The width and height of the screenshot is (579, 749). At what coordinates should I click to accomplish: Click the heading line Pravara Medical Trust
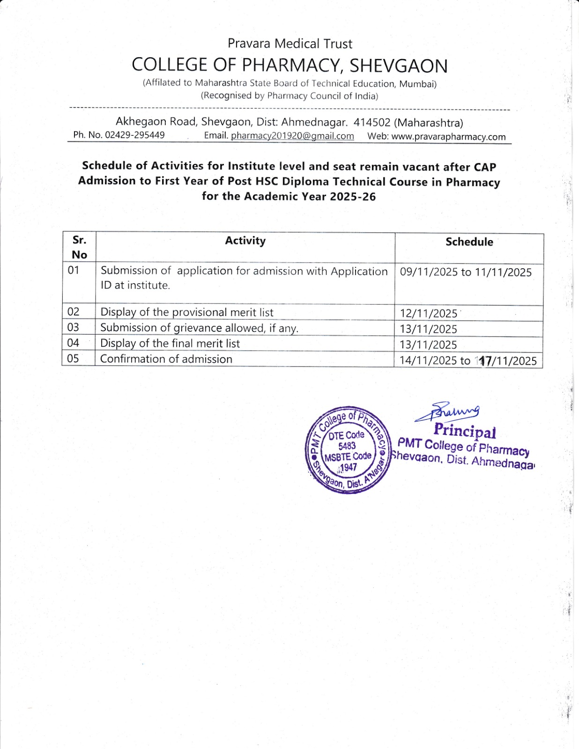(x=289, y=44)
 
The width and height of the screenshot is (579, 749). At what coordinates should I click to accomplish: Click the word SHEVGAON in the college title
(x=399, y=66)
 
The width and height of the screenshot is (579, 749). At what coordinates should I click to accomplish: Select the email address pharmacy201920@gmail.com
(x=292, y=136)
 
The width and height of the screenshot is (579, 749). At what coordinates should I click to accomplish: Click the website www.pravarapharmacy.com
(x=448, y=137)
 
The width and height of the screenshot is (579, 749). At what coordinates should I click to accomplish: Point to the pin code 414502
(x=372, y=122)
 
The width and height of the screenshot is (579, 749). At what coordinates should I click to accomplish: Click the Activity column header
(x=245, y=241)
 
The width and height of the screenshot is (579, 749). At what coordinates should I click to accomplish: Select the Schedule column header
(x=469, y=242)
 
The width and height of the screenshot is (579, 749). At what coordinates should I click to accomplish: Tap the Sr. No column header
(x=79, y=247)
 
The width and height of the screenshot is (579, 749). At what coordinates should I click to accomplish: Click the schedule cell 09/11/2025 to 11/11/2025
(x=466, y=272)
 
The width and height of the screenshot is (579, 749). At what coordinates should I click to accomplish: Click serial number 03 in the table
(x=73, y=327)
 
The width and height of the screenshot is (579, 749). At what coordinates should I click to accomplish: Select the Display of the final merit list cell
(x=170, y=344)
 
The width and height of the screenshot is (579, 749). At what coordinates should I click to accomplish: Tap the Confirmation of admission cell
(x=166, y=359)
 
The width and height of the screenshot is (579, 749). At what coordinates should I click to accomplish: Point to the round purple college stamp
(x=348, y=450)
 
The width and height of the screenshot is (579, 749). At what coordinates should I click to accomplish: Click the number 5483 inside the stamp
(x=347, y=446)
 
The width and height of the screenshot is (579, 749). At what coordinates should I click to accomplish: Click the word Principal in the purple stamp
(x=464, y=430)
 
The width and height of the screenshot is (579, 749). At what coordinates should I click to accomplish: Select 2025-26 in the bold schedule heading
(x=353, y=197)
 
